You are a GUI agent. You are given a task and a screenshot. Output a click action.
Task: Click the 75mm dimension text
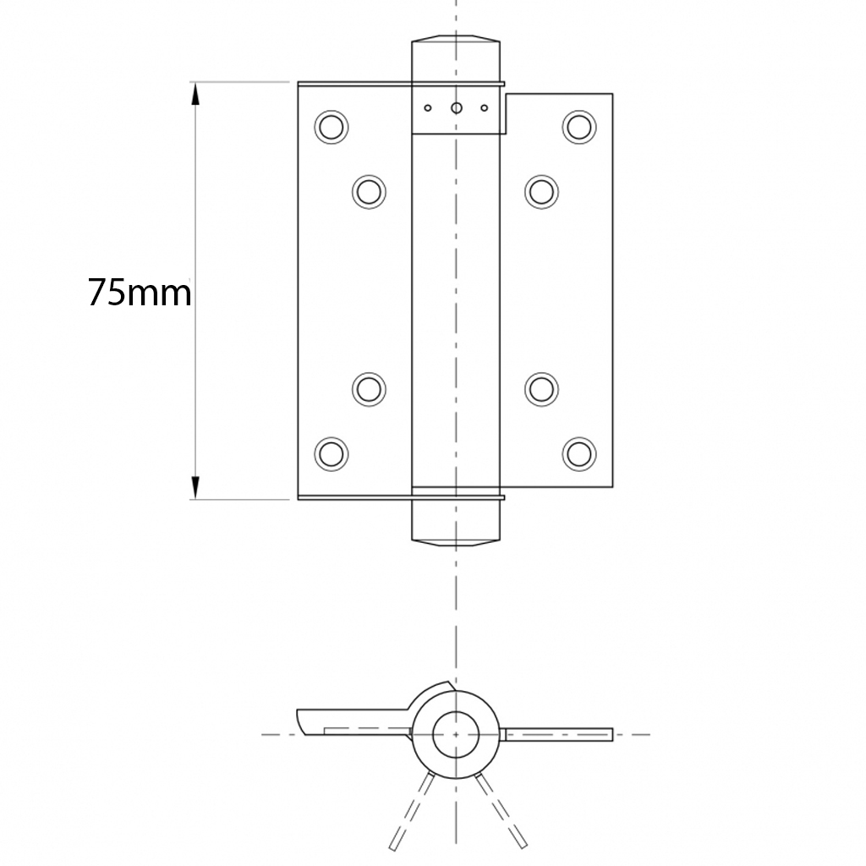point(140,293)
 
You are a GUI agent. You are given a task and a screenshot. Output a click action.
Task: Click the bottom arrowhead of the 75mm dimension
point(195,487)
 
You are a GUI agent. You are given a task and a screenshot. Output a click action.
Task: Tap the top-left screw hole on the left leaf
point(331,127)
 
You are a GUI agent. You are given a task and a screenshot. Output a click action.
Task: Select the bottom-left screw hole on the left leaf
point(331,453)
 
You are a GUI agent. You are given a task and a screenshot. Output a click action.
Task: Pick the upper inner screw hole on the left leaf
point(369,191)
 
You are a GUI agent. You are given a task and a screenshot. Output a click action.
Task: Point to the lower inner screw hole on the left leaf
point(369,388)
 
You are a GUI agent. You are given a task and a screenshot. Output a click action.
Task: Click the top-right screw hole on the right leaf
point(579,126)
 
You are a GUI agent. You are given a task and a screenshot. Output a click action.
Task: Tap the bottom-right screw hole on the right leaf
point(579,453)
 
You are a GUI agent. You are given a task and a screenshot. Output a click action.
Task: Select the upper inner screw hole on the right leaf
point(541,191)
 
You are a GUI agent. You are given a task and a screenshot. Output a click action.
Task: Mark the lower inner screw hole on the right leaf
point(541,388)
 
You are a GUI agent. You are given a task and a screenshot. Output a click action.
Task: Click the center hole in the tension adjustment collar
point(457,107)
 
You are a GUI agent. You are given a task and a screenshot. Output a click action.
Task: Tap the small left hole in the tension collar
point(428,107)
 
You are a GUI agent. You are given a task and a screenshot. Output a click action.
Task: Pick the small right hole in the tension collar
point(485,107)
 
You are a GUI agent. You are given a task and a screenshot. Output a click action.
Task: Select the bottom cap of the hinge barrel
point(456,523)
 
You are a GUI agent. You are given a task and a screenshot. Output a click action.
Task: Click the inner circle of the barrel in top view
point(456,733)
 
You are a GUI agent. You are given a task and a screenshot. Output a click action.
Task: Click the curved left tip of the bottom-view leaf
point(302,722)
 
